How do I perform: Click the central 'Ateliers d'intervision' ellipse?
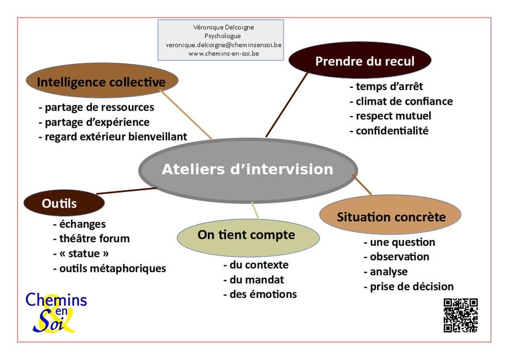pos(247,170)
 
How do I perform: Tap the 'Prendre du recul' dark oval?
pos(360,61)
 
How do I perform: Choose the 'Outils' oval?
pos(60,204)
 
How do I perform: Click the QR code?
pos(460,315)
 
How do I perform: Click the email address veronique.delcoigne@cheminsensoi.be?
pos(223,45)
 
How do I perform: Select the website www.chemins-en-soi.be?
pos(223,54)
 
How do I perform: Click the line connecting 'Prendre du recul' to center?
pos(286,105)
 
